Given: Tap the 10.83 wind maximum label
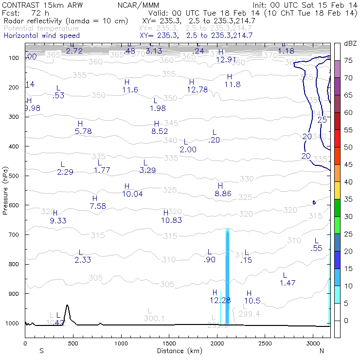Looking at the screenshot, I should coord(171,220).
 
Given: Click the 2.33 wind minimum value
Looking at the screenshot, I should coord(83,260).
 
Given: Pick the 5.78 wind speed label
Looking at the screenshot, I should coord(83,131).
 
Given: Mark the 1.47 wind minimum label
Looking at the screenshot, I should coord(288,283).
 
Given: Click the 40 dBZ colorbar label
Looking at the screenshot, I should coord(348,182).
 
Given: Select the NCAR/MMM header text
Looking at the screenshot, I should coord(138,4).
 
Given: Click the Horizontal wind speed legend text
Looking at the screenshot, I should coord(42,36).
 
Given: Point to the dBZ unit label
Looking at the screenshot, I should coord(350,44).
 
